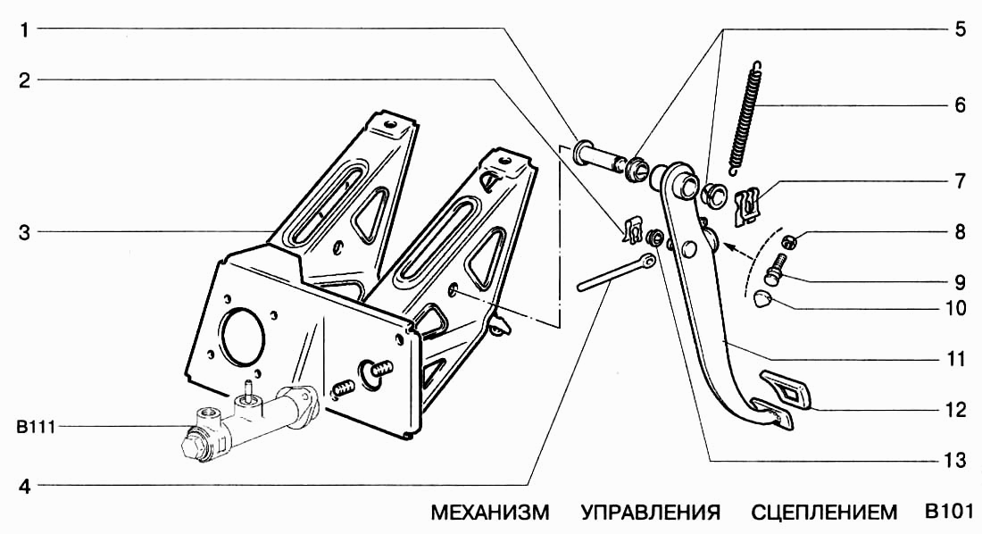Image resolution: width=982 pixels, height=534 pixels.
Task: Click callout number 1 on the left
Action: point(26,29)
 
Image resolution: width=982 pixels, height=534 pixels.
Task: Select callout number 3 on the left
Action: point(26,234)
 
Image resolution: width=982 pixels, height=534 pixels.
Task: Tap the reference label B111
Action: point(35,428)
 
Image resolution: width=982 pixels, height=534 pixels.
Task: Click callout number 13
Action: point(954,461)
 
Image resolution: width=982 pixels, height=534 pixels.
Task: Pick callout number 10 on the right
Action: point(955,309)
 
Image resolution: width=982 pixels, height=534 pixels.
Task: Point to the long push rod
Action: point(616,273)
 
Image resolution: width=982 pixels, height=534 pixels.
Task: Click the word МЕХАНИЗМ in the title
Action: point(490,513)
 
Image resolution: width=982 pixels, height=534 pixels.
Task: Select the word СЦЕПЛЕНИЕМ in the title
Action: point(824,513)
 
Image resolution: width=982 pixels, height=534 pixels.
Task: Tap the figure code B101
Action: point(948,513)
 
